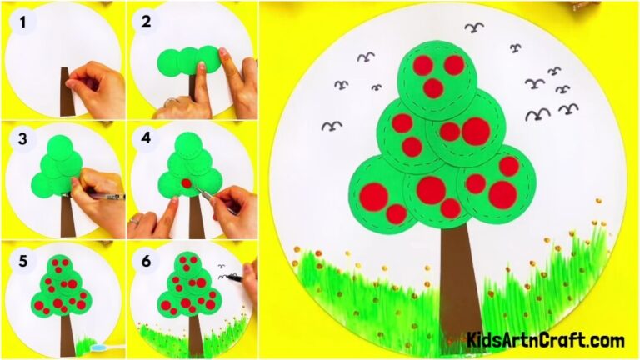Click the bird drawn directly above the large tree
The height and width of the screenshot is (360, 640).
click(474, 28)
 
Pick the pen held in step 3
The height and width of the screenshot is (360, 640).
click(107, 197)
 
